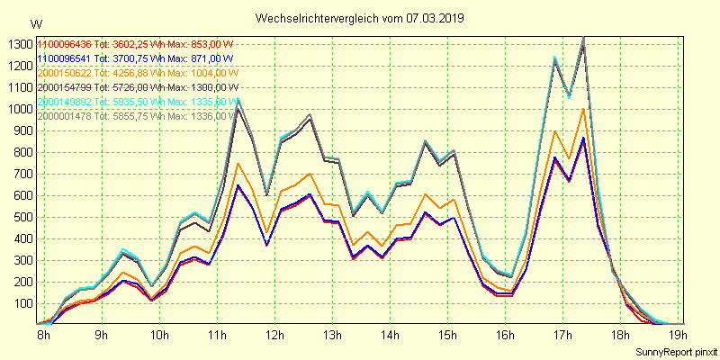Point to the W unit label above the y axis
35,23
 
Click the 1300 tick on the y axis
20,44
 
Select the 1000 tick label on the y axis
20,109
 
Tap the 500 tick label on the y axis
22,217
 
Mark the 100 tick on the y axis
22,303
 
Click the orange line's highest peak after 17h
583,109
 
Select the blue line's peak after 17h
583,138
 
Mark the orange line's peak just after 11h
238,164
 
